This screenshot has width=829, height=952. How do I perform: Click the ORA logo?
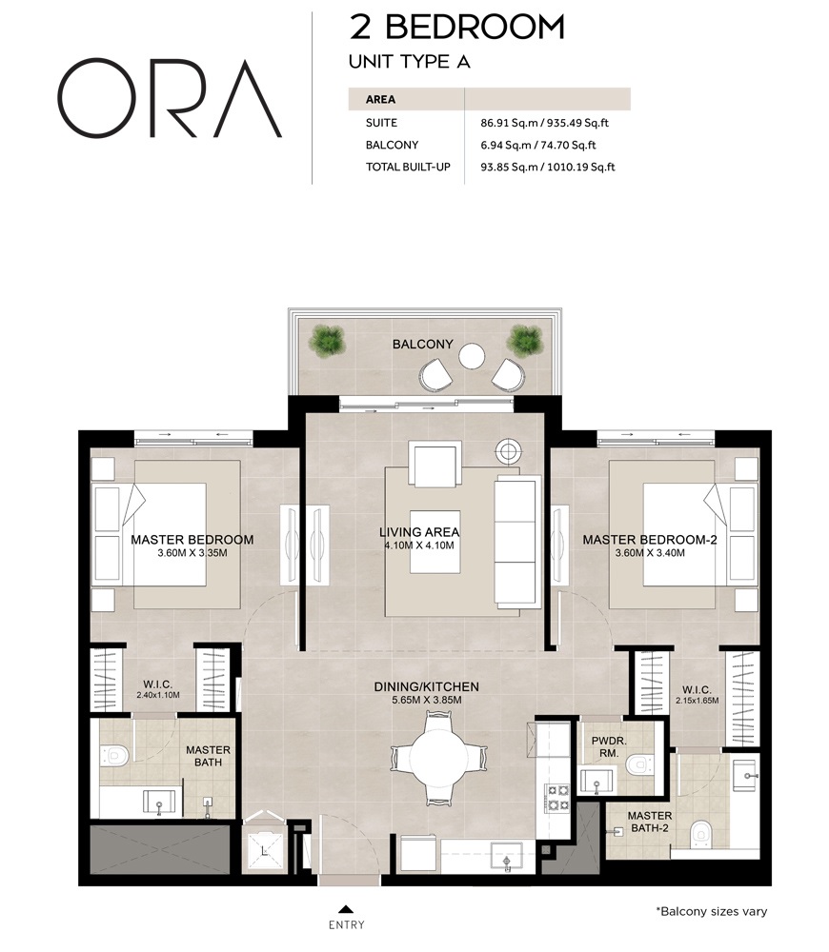tap(170, 99)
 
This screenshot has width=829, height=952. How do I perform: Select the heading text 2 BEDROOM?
tap(456, 28)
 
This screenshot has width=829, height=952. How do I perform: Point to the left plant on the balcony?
tap(327, 339)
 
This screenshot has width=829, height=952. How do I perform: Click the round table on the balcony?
tap(473, 356)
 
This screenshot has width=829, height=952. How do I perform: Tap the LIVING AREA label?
tap(419, 532)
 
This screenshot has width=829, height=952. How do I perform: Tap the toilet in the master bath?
tap(115, 755)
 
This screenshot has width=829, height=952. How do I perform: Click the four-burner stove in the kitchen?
tap(556, 797)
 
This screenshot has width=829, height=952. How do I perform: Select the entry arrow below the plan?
tap(346, 908)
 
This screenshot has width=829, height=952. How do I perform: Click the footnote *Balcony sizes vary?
tap(711, 911)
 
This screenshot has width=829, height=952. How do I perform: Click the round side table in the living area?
tap(509, 450)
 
